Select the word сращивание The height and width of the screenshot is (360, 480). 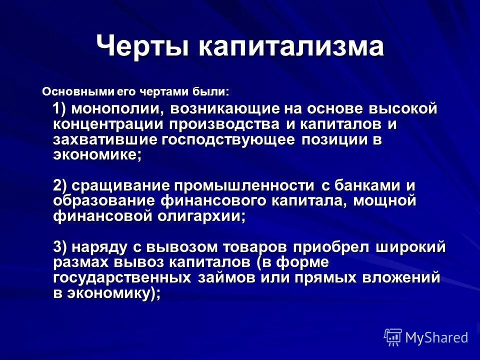tap(119, 185)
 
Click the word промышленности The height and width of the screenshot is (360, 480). tap(245, 185)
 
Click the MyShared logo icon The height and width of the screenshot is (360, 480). tap(392, 337)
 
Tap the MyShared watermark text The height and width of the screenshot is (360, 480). tap(436, 337)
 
